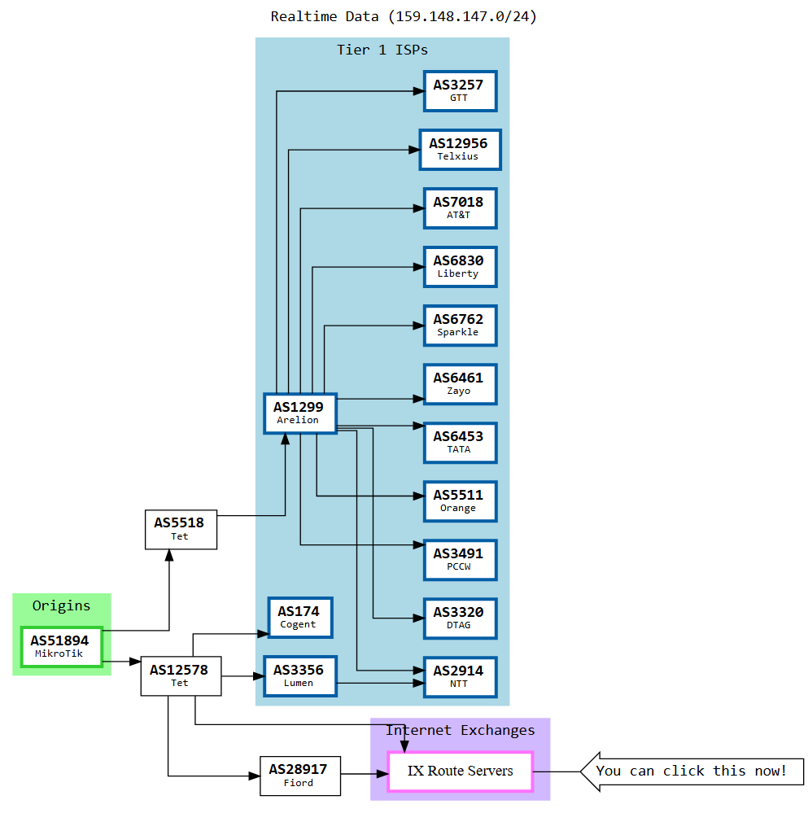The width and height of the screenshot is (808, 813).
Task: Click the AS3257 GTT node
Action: (x=460, y=90)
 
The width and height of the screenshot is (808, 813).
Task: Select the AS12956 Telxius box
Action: (x=460, y=149)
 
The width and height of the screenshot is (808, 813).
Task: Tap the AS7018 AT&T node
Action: (x=460, y=208)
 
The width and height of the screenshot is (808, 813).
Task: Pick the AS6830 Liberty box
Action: (x=460, y=266)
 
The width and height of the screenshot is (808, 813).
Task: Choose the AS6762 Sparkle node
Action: (x=460, y=325)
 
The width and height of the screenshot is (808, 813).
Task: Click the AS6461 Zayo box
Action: (x=460, y=383)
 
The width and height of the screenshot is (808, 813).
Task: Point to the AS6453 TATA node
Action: (x=460, y=442)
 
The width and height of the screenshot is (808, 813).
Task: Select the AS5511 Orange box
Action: (x=460, y=500)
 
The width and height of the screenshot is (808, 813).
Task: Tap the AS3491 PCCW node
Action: (x=460, y=559)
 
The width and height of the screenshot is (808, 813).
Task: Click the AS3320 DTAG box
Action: (x=460, y=618)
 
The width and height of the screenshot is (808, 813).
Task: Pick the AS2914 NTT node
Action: (x=460, y=676)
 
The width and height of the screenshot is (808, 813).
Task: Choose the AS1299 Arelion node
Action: (x=299, y=413)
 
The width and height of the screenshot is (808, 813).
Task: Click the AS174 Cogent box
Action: (x=299, y=617)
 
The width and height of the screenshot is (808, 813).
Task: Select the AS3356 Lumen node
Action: (x=299, y=675)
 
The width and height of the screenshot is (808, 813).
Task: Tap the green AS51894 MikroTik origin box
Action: (x=61, y=646)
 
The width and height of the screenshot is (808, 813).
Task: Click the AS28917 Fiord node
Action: (x=299, y=775)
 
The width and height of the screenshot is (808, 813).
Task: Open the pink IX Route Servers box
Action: (x=460, y=771)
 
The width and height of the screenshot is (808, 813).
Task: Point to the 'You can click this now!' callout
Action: (x=692, y=771)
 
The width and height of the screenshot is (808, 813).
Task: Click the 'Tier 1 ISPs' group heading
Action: (x=382, y=50)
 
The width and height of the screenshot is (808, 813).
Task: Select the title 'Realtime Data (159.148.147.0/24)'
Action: (x=404, y=16)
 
